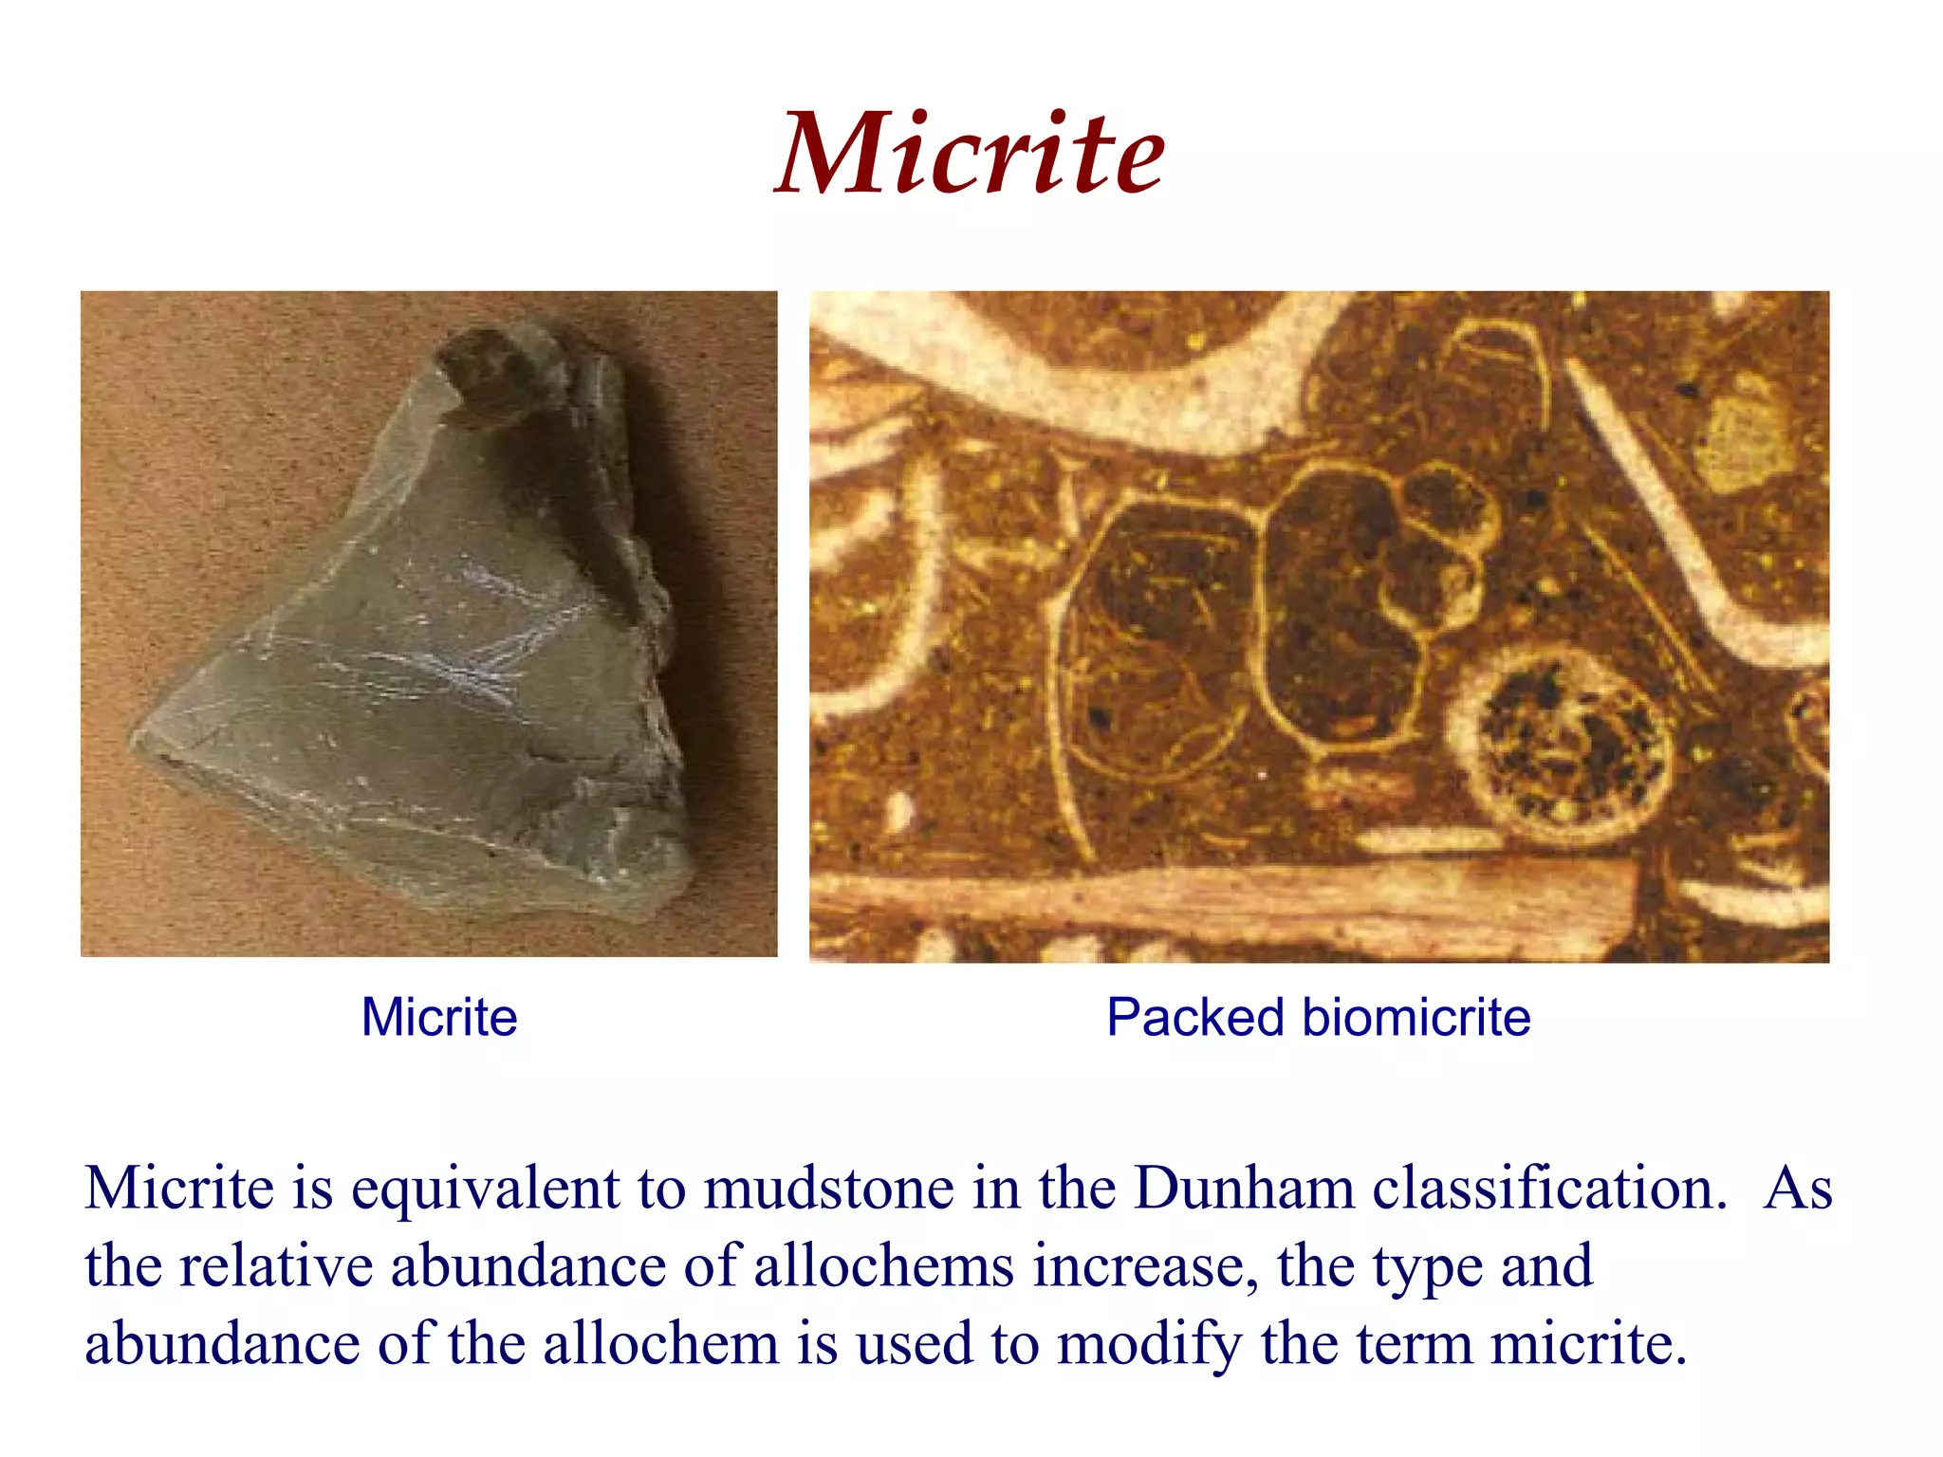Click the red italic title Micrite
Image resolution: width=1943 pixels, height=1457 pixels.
click(x=970, y=154)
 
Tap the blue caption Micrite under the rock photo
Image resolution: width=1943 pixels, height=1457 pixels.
click(x=439, y=1018)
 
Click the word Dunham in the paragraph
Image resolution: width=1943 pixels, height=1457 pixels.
click(x=1244, y=1188)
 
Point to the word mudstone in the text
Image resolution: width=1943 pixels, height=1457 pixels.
click(x=827, y=1188)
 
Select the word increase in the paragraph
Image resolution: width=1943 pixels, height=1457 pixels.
click(x=1143, y=1266)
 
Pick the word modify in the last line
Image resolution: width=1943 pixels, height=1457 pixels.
click(x=1149, y=1345)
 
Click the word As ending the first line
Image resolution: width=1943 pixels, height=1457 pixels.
click(x=1797, y=1188)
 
